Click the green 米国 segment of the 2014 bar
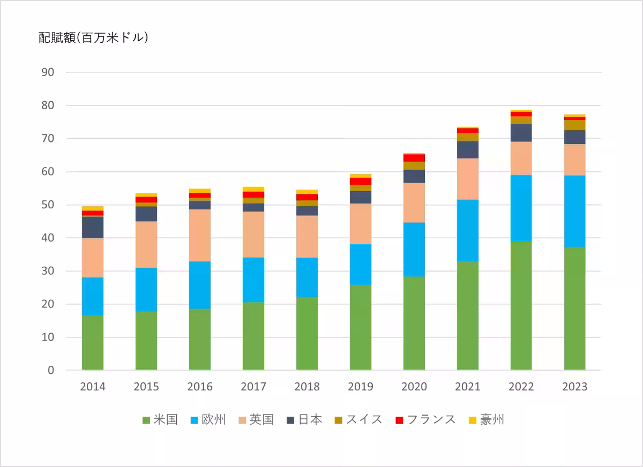click(x=93, y=343)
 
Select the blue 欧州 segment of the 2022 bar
click(x=521, y=208)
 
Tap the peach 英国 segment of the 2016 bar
click(x=200, y=235)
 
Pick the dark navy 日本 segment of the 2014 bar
click(x=93, y=227)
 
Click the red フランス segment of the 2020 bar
click(x=414, y=158)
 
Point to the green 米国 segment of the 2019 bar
click(x=360, y=327)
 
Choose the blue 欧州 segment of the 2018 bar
click(x=307, y=277)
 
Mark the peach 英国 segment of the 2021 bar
click(x=467, y=179)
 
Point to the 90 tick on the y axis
click(x=48, y=72)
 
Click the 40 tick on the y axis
click(x=48, y=238)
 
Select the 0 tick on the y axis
click(x=51, y=370)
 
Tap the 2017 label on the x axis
click(x=253, y=387)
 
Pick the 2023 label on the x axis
click(x=574, y=387)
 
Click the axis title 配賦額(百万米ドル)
click(x=93, y=37)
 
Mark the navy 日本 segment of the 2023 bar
click(x=574, y=137)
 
